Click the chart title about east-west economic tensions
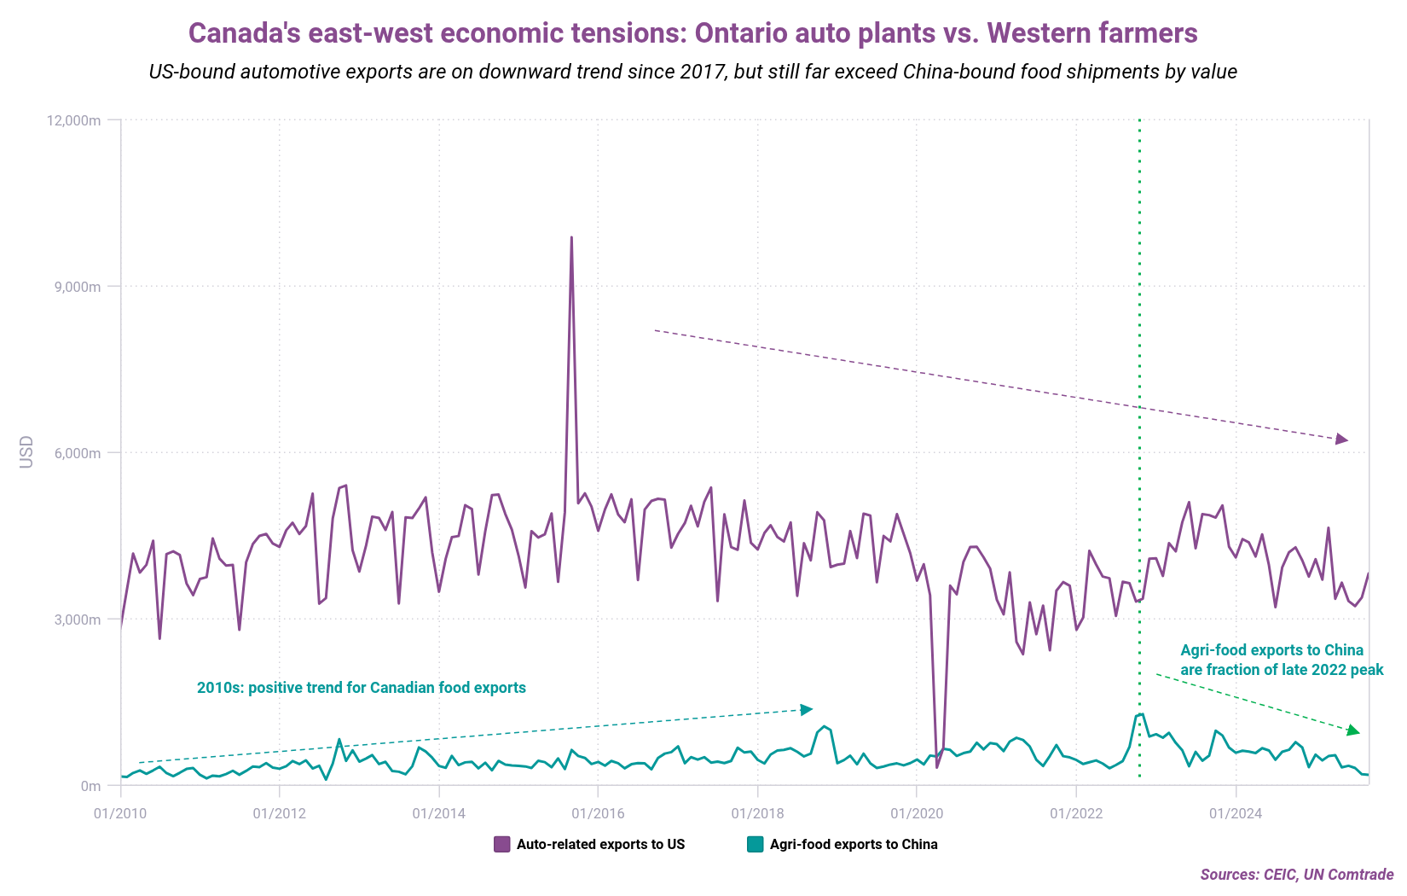pos(692,33)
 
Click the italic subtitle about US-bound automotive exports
pos(692,72)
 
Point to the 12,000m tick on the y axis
pos(72,120)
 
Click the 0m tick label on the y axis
pos(90,786)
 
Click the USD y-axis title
pos(26,452)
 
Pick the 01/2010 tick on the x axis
pos(120,813)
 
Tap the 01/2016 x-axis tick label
pos(598,813)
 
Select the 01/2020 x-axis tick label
pos(917,813)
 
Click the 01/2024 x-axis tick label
pos(1236,813)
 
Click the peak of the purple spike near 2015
pos(571,237)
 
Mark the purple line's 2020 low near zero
pos(937,766)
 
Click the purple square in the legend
pos(502,844)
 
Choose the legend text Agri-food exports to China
pos(854,844)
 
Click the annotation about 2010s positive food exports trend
pos(362,688)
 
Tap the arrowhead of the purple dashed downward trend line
pos(1342,439)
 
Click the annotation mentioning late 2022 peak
pos(1281,660)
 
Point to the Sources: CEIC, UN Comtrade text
pos(1296,875)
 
